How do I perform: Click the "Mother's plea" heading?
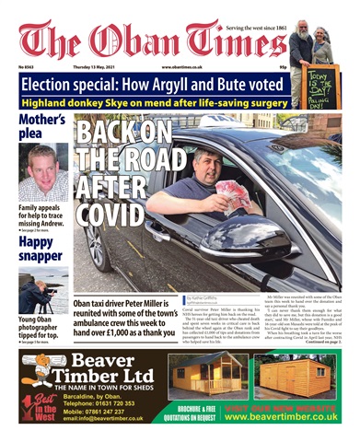coord(42,128)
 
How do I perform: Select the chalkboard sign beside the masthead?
coord(322,87)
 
